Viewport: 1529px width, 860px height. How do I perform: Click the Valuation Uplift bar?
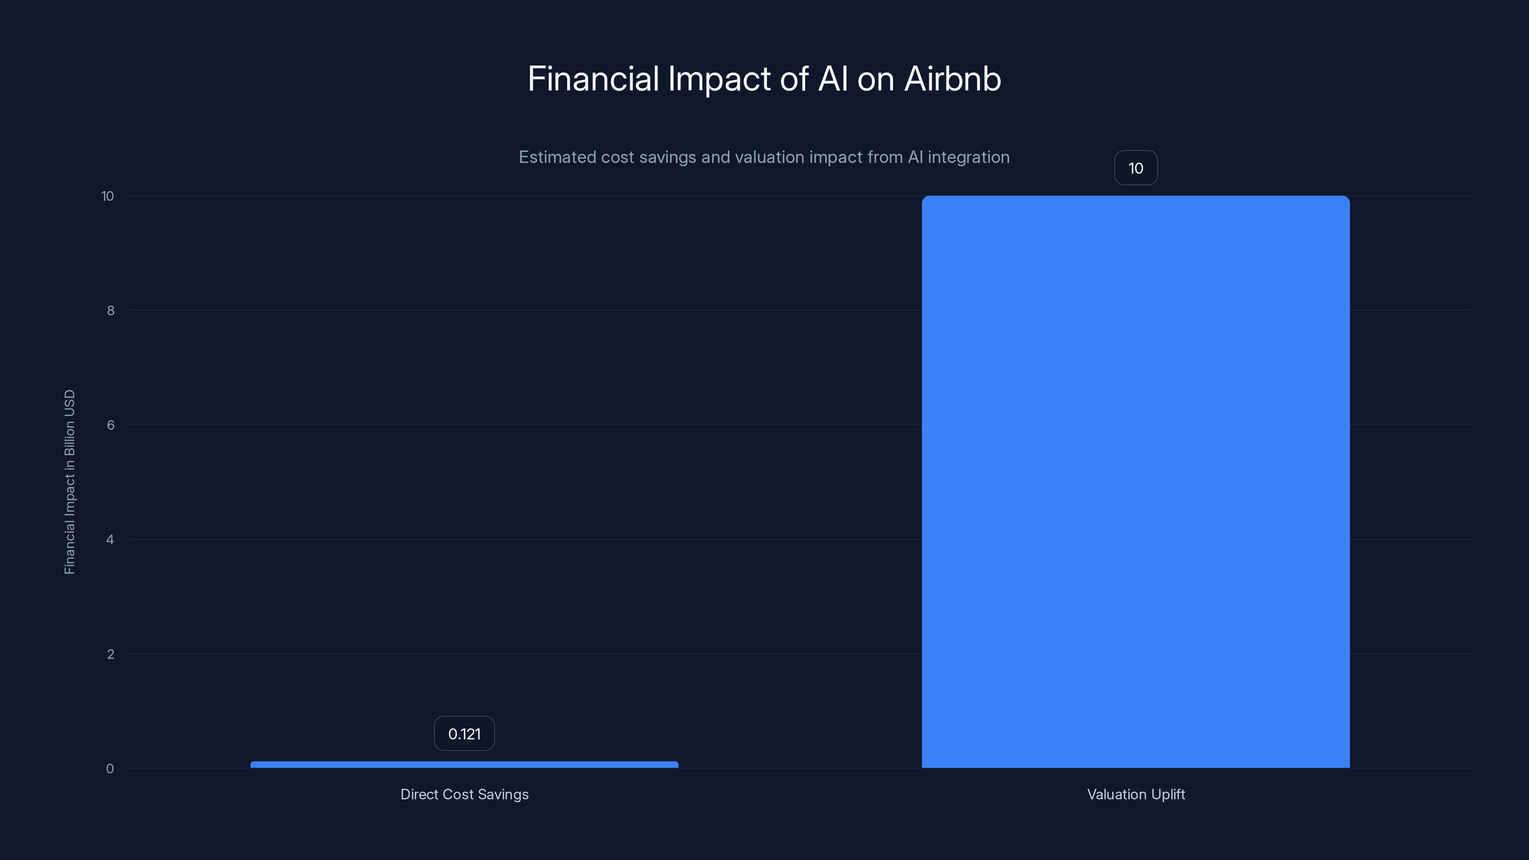point(1135,481)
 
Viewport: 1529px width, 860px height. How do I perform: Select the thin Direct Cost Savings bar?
point(464,764)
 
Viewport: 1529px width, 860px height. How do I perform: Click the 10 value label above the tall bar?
point(1135,168)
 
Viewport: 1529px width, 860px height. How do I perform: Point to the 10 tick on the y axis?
point(108,196)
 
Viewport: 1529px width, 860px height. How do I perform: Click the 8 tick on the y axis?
point(110,311)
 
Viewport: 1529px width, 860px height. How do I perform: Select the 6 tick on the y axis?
point(110,425)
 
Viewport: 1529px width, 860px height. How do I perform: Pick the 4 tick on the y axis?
point(110,539)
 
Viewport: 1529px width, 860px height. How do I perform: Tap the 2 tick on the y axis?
point(110,654)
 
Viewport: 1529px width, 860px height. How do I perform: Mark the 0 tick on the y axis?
point(110,769)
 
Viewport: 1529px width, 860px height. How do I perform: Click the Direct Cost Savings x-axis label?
point(464,794)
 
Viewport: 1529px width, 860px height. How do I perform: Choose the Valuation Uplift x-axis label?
point(1135,794)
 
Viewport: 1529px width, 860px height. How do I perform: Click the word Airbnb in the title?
point(952,79)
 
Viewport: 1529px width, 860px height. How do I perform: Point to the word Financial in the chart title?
point(593,79)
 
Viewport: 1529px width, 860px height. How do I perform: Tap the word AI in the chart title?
point(833,79)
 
